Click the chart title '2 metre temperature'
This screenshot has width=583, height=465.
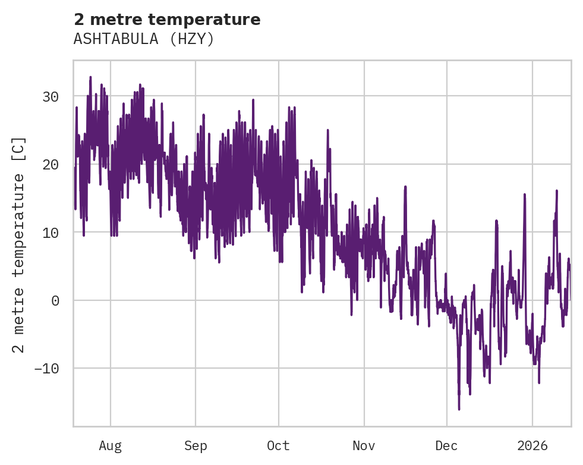point(167,20)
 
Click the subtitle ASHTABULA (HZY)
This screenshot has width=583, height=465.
point(143,39)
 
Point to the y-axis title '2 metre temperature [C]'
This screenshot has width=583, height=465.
point(19,245)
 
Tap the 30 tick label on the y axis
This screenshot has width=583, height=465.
point(51,96)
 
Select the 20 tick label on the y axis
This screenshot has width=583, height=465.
point(51,164)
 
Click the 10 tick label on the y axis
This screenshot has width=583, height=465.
point(51,232)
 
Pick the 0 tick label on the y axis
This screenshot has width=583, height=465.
point(55,300)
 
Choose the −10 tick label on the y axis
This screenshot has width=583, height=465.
point(47,368)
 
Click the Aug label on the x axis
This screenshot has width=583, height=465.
point(111,445)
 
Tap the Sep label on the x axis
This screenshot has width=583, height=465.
point(196,445)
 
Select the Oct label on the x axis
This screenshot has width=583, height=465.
point(278,445)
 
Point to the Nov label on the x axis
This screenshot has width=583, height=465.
point(364,445)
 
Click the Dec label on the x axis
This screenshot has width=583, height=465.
point(446,445)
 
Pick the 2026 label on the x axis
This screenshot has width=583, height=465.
point(532,445)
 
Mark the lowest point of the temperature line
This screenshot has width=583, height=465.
point(459,409)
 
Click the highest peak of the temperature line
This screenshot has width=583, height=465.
point(90,77)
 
